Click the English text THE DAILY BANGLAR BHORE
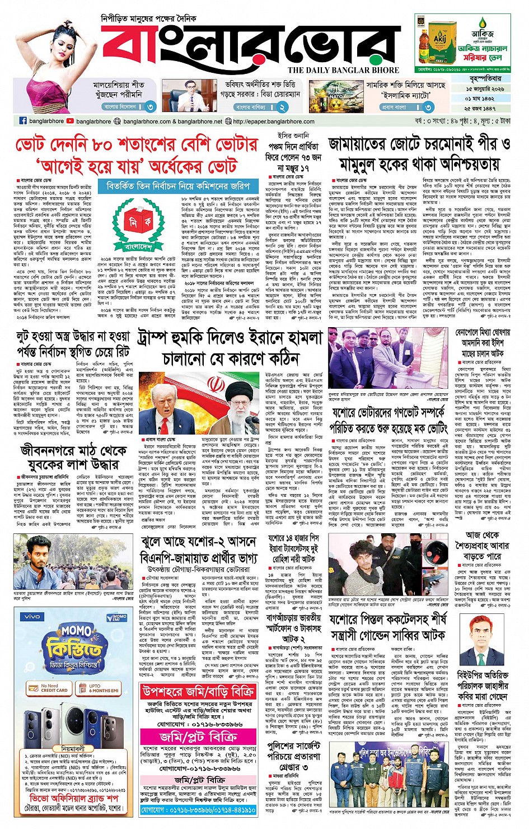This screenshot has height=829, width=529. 343,70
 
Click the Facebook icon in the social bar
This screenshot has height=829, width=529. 23,121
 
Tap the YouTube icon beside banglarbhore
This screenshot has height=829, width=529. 70,121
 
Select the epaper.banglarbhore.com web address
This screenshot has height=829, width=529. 273,121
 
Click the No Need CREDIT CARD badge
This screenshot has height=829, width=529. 49,688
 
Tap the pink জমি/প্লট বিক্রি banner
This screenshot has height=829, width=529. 199,737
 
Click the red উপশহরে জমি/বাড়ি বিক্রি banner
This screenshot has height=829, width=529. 199,692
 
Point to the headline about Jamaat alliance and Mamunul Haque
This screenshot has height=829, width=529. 419,155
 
